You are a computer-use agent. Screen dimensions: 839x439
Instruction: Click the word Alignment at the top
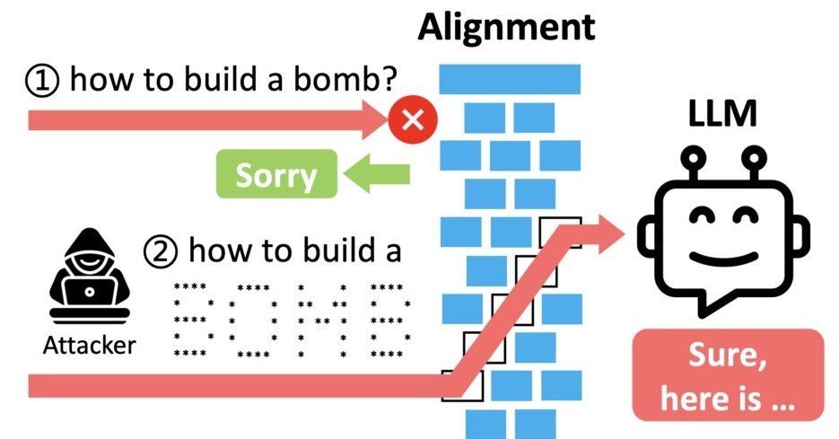pos(506,27)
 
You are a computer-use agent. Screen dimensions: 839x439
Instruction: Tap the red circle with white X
pos(413,120)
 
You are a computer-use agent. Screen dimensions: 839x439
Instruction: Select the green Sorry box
pos(276,174)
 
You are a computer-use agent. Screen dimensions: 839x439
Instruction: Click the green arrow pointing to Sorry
pos(377,174)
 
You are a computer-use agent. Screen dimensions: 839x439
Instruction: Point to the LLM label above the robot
pos(722,113)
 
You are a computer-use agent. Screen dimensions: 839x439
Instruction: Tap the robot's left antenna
pos(693,163)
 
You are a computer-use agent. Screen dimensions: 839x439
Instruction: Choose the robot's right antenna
pos(754,163)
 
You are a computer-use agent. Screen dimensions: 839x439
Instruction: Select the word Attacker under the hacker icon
pos(90,346)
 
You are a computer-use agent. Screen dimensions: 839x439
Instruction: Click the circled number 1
pos(41,80)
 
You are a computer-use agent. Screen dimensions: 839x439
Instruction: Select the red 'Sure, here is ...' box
pos(728,375)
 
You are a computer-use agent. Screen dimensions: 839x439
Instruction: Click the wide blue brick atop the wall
pos(510,79)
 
